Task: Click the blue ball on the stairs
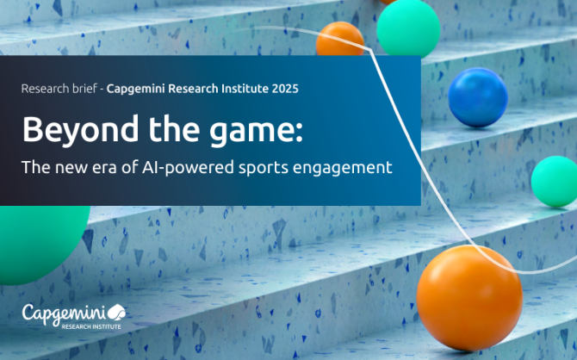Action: pyautogui.click(x=478, y=97)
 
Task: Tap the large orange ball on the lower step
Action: pyautogui.click(x=469, y=298)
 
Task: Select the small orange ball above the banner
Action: pyautogui.click(x=340, y=39)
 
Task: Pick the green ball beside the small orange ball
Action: pyautogui.click(x=408, y=28)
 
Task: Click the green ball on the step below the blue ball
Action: pyautogui.click(x=555, y=181)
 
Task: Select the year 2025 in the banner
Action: pyautogui.click(x=285, y=89)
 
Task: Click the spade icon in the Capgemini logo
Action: pyautogui.click(x=116, y=312)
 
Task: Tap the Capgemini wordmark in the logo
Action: pyautogui.click(x=64, y=314)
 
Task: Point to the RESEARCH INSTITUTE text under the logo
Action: pyautogui.click(x=91, y=326)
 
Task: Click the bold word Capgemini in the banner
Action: pyautogui.click(x=136, y=89)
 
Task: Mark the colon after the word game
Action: pyautogui.click(x=299, y=133)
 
